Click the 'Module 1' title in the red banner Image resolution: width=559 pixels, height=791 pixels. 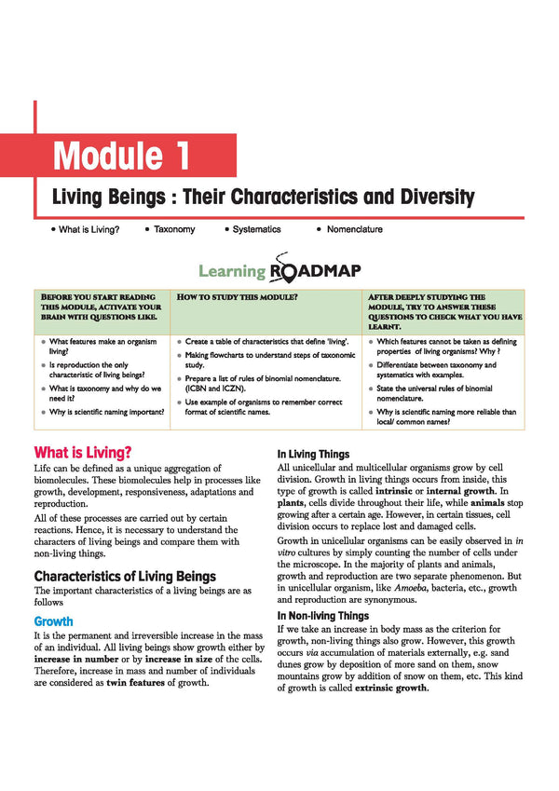[122, 156]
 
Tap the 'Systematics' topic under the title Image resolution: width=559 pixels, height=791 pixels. [256, 229]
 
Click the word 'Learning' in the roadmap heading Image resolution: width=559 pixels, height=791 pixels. [232, 271]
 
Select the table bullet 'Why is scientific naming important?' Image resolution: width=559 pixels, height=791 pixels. [107, 411]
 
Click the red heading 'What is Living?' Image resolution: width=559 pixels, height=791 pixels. [83, 452]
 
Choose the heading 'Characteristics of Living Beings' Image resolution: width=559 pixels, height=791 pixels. [125, 576]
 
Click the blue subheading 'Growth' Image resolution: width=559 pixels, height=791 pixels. [53, 620]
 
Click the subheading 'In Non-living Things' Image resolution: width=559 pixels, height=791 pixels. [322, 616]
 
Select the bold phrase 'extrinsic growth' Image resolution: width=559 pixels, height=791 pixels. [391, 689]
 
